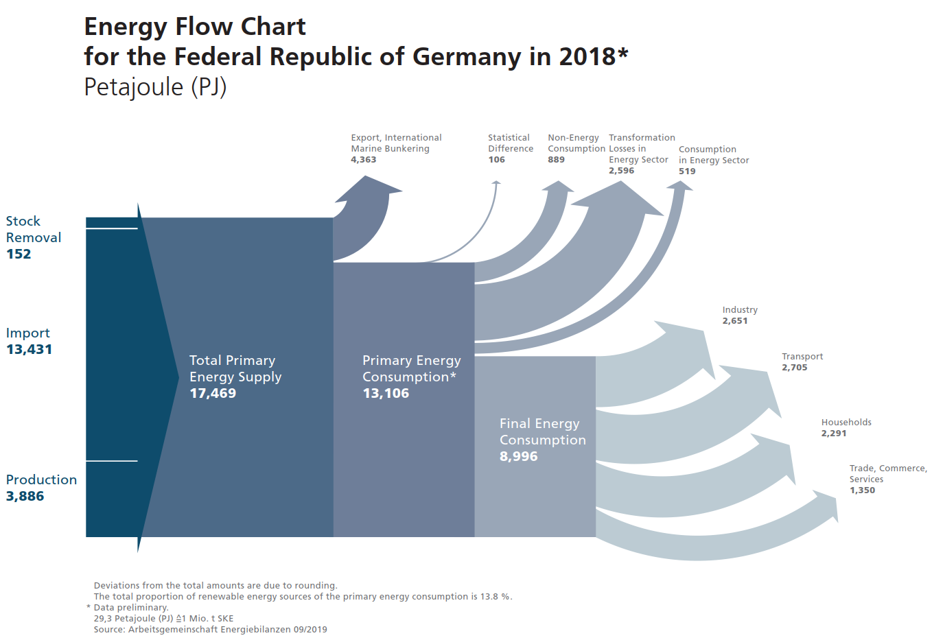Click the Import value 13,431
coord(29,349)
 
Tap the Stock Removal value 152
coord(19,254)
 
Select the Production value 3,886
coord(25,496)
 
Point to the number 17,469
coord(213,393)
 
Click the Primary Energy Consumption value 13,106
coord(386,393)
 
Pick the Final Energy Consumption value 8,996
coord(518,456)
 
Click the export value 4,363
coord(363,160)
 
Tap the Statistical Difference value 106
coord(496,160)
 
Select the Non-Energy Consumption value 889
coord(556,160)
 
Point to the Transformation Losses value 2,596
coord(621,171)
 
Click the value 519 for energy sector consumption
coord(687,171)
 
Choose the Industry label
coord(740,310)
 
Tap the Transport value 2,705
coord(795,368)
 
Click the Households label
coord(846,423)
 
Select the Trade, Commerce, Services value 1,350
coord(862,490)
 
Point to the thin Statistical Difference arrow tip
coord(496,182)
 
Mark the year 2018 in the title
coord(587,56)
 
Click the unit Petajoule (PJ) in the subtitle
coord(155,88)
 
